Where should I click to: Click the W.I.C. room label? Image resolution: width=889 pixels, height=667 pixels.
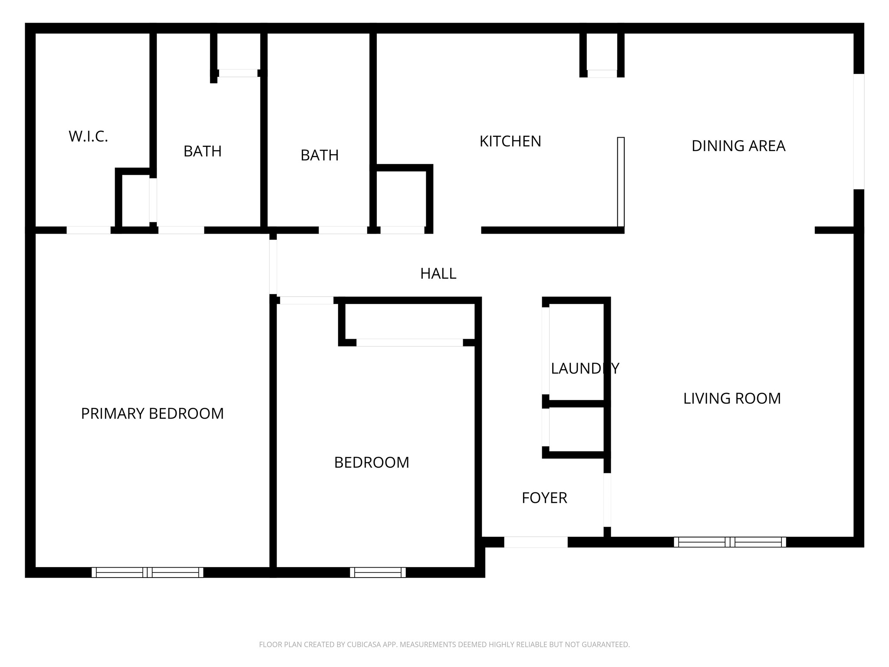click(x=88, y=136)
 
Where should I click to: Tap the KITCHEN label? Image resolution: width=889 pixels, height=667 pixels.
click(x=510, y=142)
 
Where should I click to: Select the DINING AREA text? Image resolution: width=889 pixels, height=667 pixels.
click(x=738, y=146)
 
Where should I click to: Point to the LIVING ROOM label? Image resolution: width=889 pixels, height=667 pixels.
click(x=732, y=399)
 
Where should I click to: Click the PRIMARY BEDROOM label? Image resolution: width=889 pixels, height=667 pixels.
click(x=152, y=413)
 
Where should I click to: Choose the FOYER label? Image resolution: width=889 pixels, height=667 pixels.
click(x=544, y=498)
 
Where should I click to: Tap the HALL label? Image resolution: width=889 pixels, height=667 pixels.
click(x=438, y=274)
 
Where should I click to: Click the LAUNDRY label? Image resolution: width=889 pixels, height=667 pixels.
click(x=585, y=369)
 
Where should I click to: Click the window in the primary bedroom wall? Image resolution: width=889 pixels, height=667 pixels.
click(x=148, y=572)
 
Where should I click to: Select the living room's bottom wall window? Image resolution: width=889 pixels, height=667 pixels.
click(x=730, y=542)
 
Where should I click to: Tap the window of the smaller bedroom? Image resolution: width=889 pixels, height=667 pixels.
click(x=378, y=572)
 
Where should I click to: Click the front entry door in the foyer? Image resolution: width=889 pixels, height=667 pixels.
click(x=535, y=542)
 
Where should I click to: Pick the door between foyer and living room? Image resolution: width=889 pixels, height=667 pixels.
click(x=607, y=500)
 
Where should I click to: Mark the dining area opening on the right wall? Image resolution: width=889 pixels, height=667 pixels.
click(x=859, y=132)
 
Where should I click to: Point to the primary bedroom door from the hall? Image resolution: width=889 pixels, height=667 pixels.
click(x=273, y=267)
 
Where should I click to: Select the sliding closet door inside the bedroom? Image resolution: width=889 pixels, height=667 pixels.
click(x=409, y=343)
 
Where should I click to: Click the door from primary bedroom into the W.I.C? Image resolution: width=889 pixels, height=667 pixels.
click(x=89, y=230)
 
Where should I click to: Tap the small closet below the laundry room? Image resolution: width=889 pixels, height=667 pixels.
click(x=576, y=428)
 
